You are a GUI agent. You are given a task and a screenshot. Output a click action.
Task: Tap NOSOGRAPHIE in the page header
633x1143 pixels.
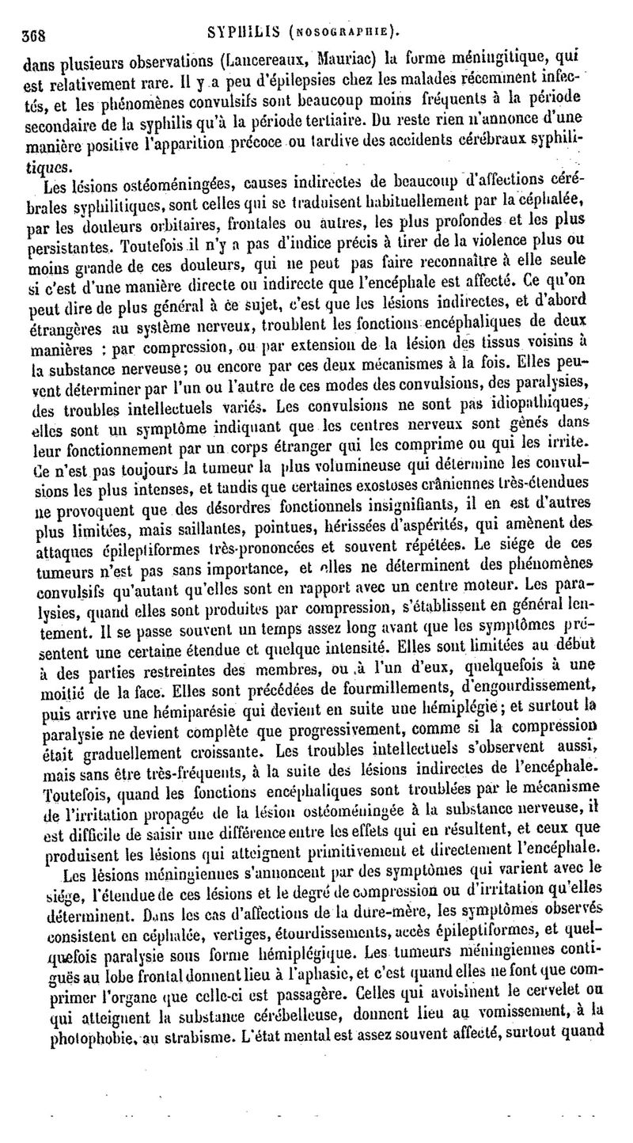345,34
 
